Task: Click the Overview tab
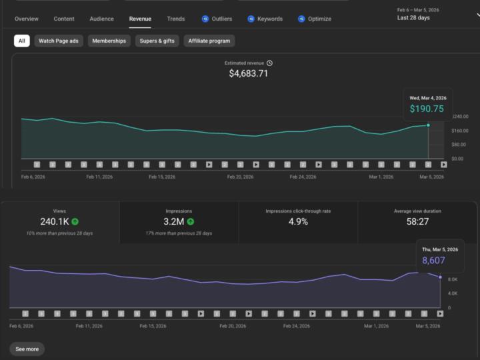(26, 19)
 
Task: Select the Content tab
(64, 19)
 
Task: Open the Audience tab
(102, 19)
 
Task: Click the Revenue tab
(140, 19)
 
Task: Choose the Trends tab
(176, 19)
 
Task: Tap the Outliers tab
(217, 19)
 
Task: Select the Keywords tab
(265, 19)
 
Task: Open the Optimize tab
(315, 19)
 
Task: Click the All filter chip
(22, 41)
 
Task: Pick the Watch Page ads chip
(59, 41)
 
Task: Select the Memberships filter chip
(109, 41)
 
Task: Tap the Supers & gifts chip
(157, 41)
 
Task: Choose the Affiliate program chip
(209, 41)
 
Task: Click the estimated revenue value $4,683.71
(249, 73)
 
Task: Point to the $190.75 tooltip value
(427, 109)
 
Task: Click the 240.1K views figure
(55, 221)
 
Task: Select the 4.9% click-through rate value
(298, 221)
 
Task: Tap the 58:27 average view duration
(417, 221)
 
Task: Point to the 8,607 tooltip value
(433, 260)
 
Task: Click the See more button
(27, 349)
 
